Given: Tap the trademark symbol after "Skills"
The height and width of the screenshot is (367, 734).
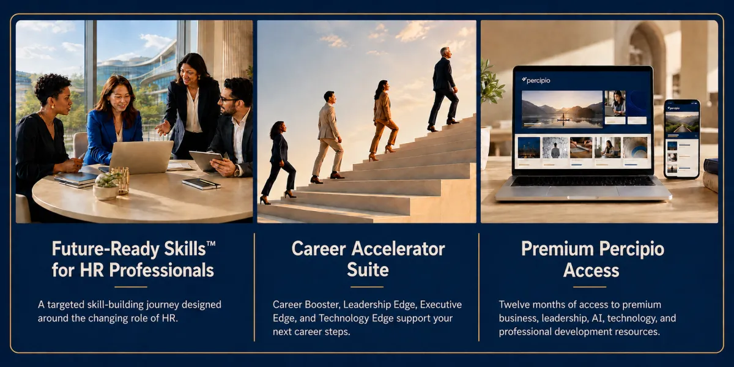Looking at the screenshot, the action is point(211,244).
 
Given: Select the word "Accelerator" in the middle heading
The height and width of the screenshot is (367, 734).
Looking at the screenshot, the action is point(398,249).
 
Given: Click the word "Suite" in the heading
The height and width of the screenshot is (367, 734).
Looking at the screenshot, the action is point(368,270).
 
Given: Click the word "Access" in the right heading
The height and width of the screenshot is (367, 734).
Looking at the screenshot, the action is point(591,270).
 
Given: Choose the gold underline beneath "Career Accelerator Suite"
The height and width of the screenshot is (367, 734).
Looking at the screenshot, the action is point(366,287).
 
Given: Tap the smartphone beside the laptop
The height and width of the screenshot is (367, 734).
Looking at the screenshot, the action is point(682,139).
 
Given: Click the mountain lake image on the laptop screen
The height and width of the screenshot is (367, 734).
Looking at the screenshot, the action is point(562,109).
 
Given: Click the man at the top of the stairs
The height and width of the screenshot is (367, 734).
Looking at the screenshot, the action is point(443,89).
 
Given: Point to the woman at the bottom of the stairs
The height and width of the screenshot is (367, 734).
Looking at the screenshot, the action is point(278,163).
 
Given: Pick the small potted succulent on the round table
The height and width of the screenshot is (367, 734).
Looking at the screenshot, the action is point(106,186).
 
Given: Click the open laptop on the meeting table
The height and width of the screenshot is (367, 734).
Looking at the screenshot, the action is point(139,158).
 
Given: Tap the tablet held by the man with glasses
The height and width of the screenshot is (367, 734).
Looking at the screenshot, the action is point(206,160).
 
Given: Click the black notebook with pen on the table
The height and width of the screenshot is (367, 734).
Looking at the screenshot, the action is point(201,183).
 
